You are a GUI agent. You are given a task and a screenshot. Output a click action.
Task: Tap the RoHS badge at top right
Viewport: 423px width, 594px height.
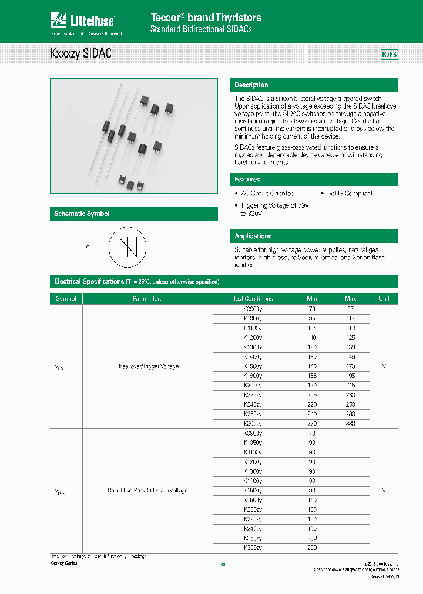pos(390,54)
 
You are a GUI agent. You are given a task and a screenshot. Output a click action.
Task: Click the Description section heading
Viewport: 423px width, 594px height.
pos(251,85)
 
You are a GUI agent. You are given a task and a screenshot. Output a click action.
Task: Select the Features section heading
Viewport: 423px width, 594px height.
pos(247,180)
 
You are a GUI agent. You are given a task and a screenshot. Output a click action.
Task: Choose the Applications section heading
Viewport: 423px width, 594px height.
pos(253,236)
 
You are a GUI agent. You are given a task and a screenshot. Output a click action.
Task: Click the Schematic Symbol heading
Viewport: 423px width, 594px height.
pos(82,214)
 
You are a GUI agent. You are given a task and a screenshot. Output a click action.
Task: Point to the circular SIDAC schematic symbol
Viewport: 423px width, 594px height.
pos(127,247)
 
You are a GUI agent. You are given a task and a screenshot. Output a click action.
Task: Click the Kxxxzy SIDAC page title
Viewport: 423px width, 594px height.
pos(81,54)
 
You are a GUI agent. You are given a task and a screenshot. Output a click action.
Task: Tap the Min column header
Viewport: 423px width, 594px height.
pos(311,298)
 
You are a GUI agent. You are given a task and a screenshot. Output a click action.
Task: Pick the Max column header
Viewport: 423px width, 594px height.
pos(350,298)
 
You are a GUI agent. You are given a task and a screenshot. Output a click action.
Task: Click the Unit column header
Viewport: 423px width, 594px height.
pos(384,298)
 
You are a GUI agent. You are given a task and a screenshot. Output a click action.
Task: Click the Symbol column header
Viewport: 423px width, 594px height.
pos(66,298)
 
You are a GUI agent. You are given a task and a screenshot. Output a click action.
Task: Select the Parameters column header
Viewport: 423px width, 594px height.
pos(147,298)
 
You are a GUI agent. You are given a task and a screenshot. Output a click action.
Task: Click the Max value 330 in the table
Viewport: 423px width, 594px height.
pos(350,423)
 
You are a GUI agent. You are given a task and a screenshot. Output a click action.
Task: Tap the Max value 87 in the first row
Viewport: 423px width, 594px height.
pos(350,309)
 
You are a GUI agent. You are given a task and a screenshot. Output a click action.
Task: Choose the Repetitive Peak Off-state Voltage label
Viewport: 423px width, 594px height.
pos(147,490)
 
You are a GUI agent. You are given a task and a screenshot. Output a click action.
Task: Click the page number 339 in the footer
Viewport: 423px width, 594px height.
pos(223,564)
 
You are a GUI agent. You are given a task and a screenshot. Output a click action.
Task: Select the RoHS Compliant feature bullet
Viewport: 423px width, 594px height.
pos(349,193)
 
